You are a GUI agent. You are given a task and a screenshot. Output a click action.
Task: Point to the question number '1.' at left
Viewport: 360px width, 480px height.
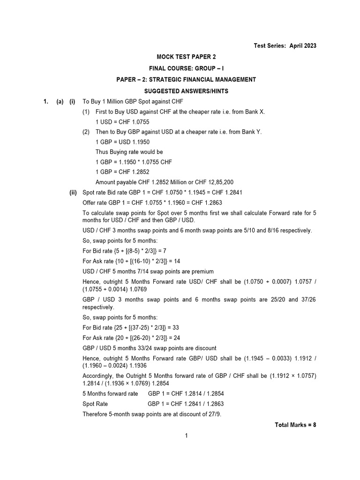point(46,102)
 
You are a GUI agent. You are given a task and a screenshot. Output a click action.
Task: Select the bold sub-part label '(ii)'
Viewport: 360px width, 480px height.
point(73,193)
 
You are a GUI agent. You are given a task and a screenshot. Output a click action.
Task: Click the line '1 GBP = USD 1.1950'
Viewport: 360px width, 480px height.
point(123,142)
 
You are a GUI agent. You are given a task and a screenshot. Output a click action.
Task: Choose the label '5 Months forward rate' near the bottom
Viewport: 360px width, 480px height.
point(110,394)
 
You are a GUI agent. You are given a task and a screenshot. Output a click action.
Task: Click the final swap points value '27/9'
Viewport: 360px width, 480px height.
point(187,414)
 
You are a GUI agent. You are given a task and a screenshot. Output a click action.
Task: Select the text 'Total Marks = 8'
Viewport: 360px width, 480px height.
point(295,425)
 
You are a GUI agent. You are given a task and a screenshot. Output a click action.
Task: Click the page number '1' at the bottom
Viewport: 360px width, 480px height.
point(186,436)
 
